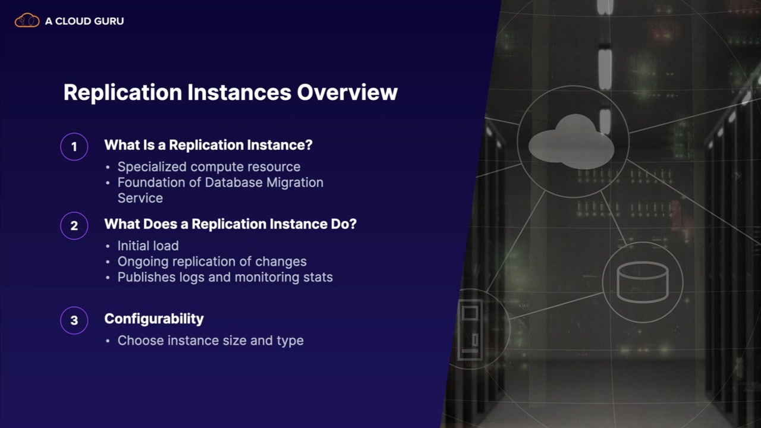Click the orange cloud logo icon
[27, 20]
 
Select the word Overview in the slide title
[347, 92]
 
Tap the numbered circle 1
[74, 147]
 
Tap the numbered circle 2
[74, 226]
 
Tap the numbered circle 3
[74, 320]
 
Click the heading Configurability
[154, 319]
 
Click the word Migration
[295, 182]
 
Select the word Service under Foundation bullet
[140, 198]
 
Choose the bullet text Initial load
[148, 246]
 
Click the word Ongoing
[143, 262]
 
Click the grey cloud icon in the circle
[571, 142]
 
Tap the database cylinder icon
[643, 282]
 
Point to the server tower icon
[470, 329]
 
